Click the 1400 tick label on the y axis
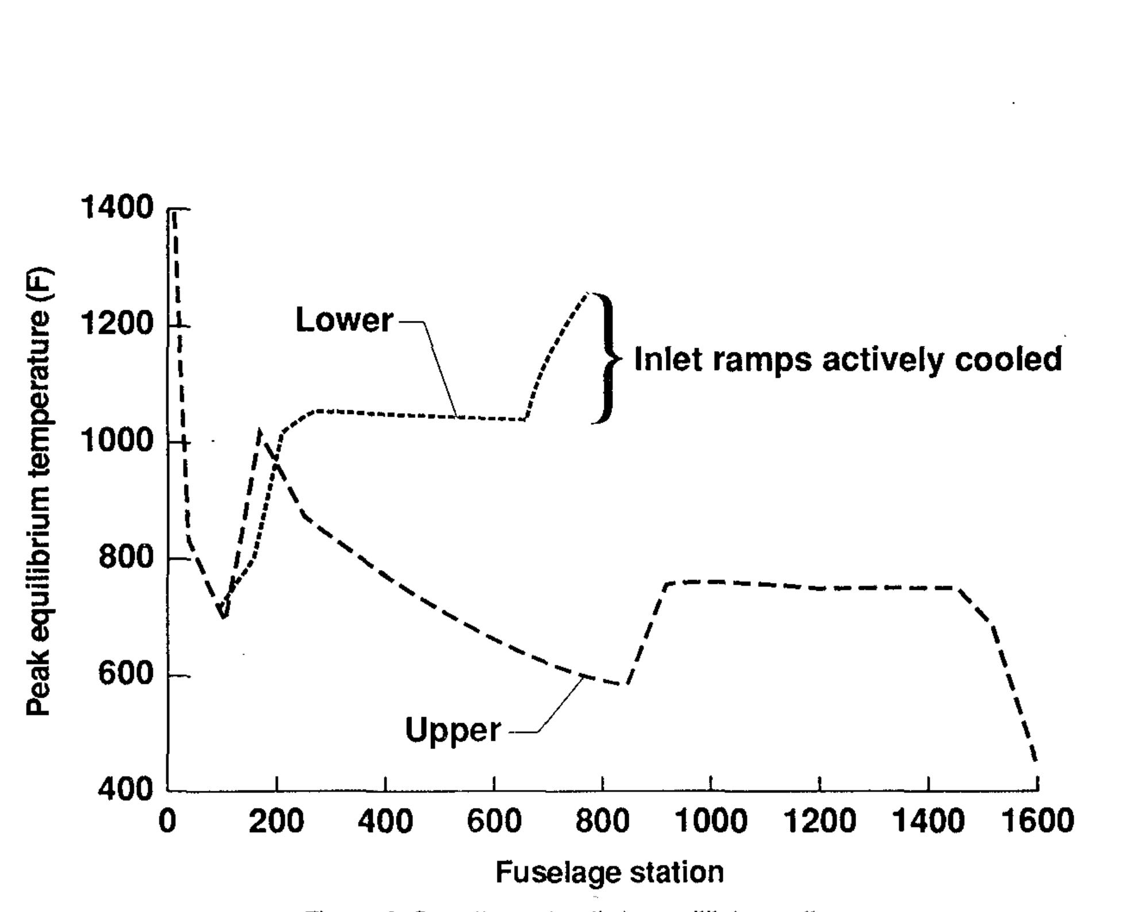pos(117,207)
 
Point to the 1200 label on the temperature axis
pos(117,323)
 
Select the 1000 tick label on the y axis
pos(117,441)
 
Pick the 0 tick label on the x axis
pos(167,821)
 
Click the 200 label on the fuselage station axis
pos(276,821)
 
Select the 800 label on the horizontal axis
pos(602,821)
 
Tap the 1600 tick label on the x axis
pos(1037,821)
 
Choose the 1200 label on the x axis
pos(819,821)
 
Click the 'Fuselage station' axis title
pos(609,872)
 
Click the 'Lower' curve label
pos(344,320)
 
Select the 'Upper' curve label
pos(453,730)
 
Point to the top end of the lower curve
pos(587,294)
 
